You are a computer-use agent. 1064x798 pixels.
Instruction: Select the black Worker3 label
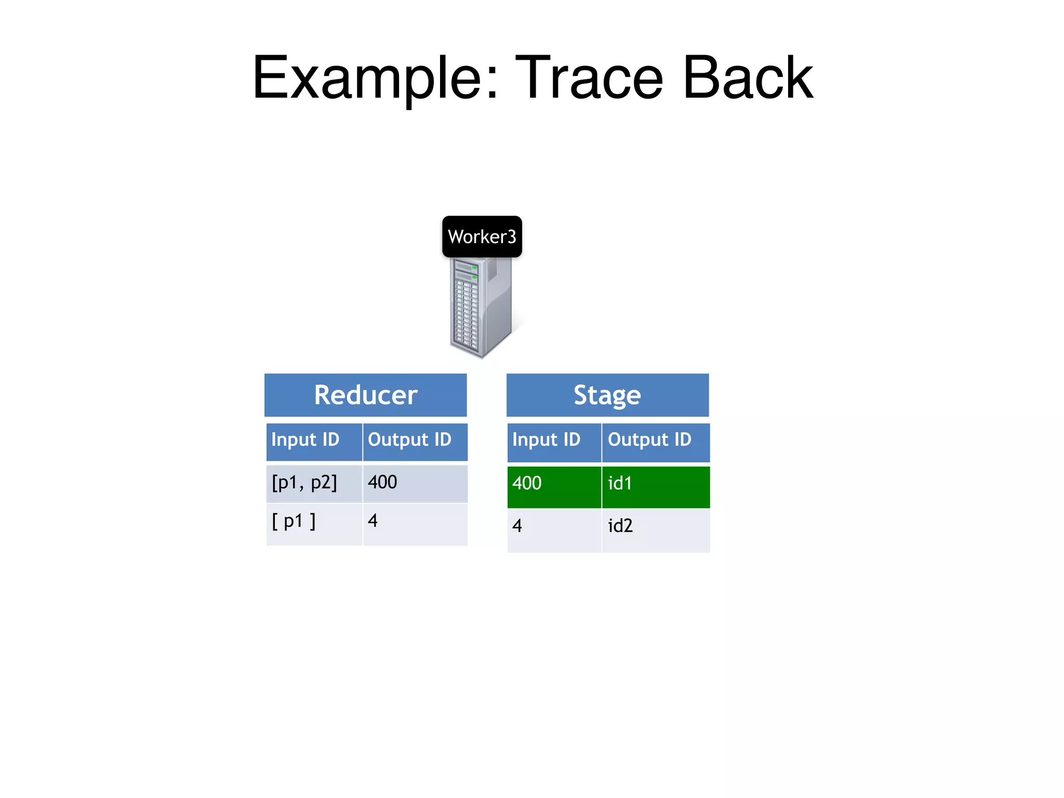click(x=482, y=237)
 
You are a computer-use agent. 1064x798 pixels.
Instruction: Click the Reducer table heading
click(x=365, y=395)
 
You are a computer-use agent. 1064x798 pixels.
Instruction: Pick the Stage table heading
click(x=607, y=395)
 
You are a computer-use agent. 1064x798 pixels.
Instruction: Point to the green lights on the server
click(x=474, y=272)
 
